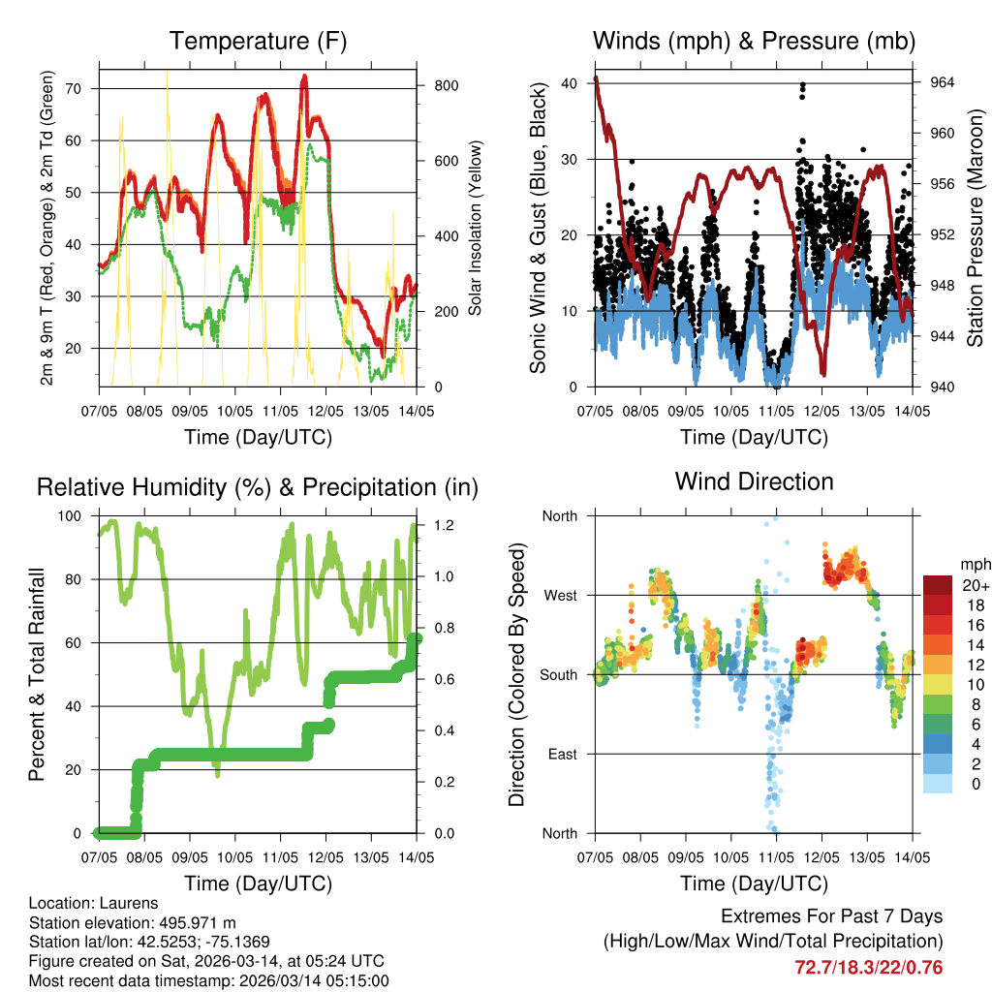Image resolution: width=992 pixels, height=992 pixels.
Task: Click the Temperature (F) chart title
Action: tap(258, 42)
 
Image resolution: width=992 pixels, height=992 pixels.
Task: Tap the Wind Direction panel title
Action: tap(754, 481)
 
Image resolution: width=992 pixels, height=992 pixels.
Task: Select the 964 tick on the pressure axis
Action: tap(943, 83)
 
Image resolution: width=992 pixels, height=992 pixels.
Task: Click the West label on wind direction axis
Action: tap(559, 595)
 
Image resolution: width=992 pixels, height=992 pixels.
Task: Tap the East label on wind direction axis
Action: tap(561, 754)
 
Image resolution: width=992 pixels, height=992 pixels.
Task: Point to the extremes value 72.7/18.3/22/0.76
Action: tap(868, 967)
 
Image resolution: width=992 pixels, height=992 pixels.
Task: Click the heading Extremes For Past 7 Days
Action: tap(831, 916)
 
